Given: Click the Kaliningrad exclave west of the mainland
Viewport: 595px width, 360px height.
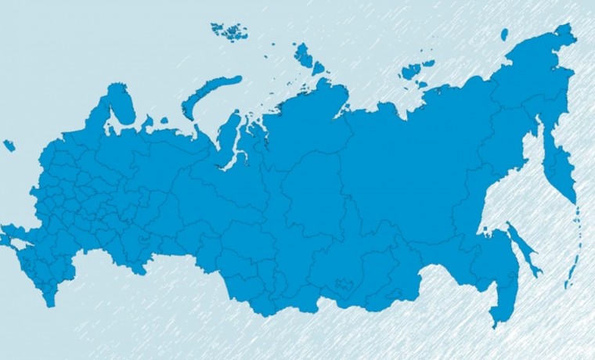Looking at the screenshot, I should (9, 145).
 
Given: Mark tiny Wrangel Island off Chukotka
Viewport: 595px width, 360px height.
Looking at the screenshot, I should (504, 33).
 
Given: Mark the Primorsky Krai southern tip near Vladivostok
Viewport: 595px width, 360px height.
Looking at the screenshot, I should (495, 321).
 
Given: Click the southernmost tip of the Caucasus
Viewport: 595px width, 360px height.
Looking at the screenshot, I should (51, 303).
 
